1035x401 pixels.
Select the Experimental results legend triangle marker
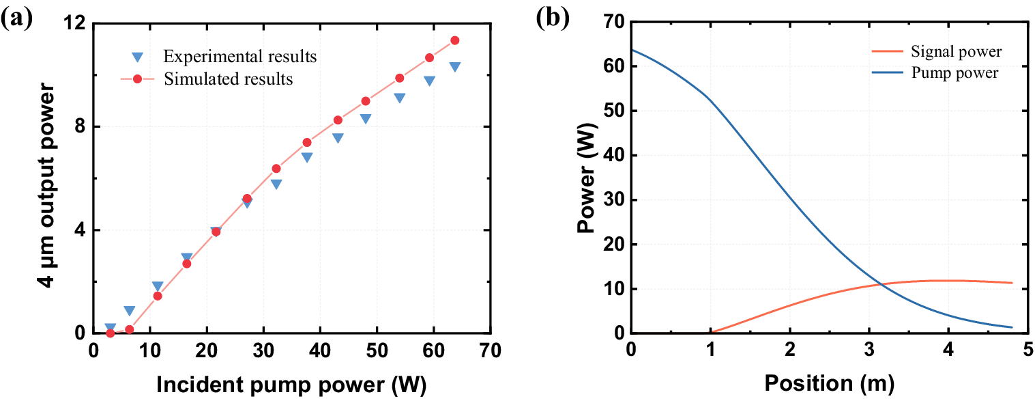click(x=136, y=57)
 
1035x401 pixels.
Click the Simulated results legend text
click(x=228, y=79)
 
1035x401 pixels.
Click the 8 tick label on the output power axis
click(x=78, y=127)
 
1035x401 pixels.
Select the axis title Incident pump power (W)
click(x=291, y=385)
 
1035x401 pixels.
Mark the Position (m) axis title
click(x=829, y=385)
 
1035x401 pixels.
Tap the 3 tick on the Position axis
click(x=869, y=351)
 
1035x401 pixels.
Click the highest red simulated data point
click(x=454, y=40)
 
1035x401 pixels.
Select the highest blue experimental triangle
click(x=454, y=66)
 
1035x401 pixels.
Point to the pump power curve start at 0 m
click(x=632, y=49)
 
